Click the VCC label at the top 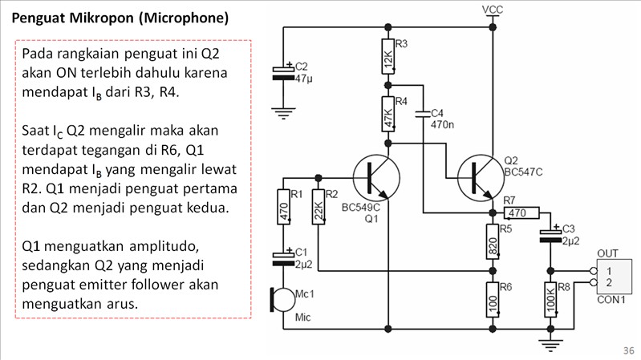(493, 9)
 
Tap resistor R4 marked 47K (387, 113)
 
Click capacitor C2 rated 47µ (282, 73)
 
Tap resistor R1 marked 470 (282, 210)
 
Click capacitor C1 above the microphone (282, 257)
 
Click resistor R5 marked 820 (493, 242)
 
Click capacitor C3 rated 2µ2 (550, 235)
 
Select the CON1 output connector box (613, 277)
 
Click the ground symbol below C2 (282, 112)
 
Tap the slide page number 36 (627, 350)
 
